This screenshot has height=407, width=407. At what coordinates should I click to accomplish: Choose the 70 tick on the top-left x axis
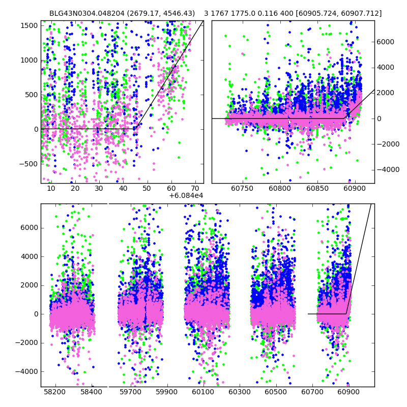195,189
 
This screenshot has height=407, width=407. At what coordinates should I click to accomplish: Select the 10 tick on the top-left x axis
51,189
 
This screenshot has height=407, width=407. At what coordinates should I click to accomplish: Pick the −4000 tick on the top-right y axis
387,169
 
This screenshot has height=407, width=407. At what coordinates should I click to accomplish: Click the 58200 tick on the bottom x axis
55,392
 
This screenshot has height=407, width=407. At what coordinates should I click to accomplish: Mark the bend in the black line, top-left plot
136,129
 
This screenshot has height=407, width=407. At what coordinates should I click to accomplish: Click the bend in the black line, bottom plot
346,313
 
